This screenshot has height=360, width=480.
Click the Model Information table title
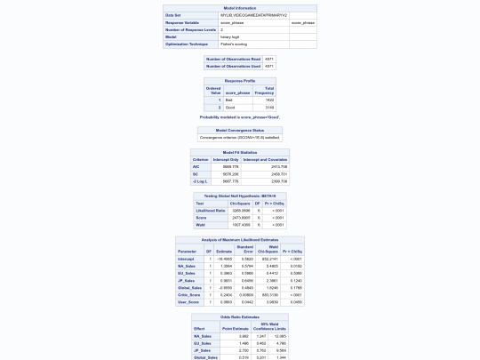point(240,8)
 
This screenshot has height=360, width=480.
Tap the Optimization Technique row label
point(187,44)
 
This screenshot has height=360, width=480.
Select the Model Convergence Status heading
point(240,130)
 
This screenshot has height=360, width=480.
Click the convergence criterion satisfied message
point(240,138)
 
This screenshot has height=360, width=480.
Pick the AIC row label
point(196,166)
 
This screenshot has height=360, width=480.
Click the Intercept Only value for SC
point(229,174)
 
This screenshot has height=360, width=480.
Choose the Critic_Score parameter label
point(189,295)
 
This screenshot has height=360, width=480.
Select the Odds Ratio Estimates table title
point(240,316)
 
